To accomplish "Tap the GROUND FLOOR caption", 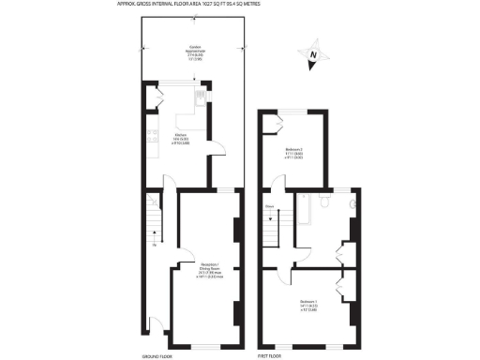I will coord(155,357).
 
